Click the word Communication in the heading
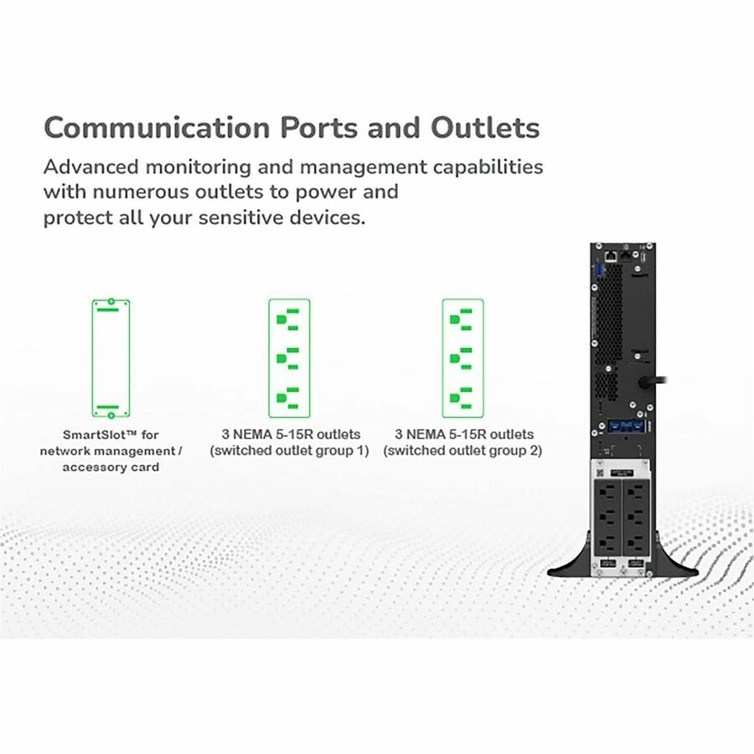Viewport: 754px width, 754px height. click(x=157, y=127)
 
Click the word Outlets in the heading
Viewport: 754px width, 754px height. click(x=485, y=127)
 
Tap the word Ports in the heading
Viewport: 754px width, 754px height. click(x=319, y=128)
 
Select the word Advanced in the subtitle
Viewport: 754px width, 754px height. click(x=90, y=167)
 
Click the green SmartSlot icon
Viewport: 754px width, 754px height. click(x=111, y=359)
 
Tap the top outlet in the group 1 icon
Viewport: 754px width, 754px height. click(x=288, y=319)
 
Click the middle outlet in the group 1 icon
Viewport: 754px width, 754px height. click(x=288, y=359)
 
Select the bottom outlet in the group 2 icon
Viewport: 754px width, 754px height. click(x=461, y=398)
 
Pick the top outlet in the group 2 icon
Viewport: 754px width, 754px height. click(x=461, y=319)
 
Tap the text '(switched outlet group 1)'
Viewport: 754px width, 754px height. click(x=289, y=451)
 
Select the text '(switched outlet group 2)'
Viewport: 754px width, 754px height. click(x=462, y=451)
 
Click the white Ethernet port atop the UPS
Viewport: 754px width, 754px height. click(x=612, y=256)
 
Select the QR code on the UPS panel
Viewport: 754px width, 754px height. click(x=599, y=473)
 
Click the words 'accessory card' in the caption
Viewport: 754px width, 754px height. click(x=111, y=467)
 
